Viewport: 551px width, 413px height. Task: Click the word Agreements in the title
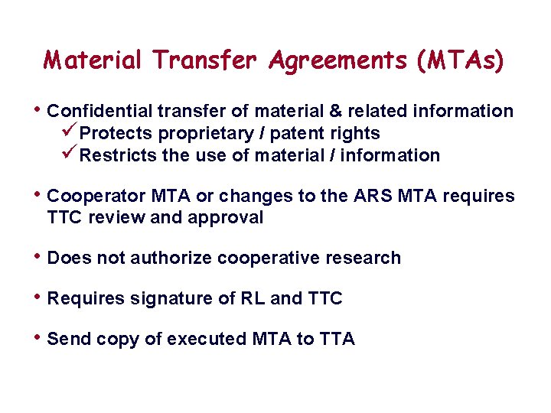coord(315,60)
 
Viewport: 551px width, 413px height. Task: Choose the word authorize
coord(172,259)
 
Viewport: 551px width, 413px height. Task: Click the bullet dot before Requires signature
coord(38,297)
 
